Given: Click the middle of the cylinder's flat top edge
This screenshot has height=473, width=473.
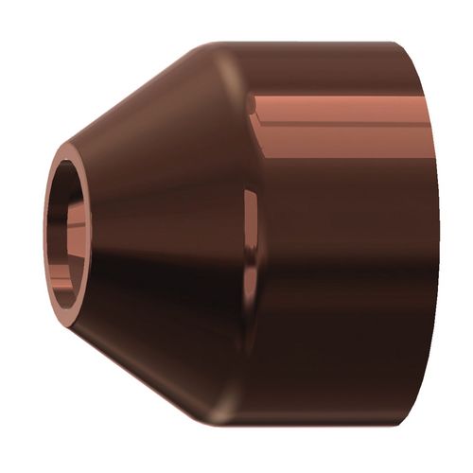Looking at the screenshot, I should coord(322,44).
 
